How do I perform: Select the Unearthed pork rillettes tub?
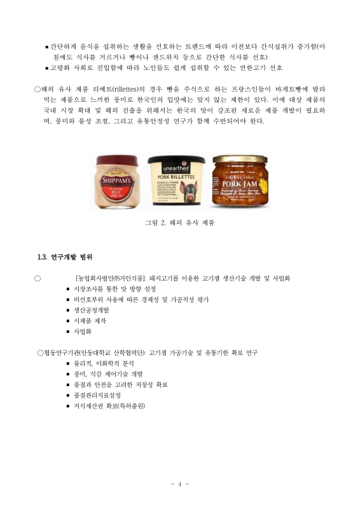click(x=176, y=183)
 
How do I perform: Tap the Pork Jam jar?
click(x=240, y=183)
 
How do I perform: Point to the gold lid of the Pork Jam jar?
click(x=240, y=159)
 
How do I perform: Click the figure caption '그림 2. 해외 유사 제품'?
click(x=180, y=223)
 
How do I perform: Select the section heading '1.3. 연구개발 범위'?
click(x=65, y=257)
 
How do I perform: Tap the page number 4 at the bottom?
click(x=180, y=485)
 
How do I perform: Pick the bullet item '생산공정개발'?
click(x=92, y=310)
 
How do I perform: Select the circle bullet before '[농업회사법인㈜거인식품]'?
click(x=38, y=278)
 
